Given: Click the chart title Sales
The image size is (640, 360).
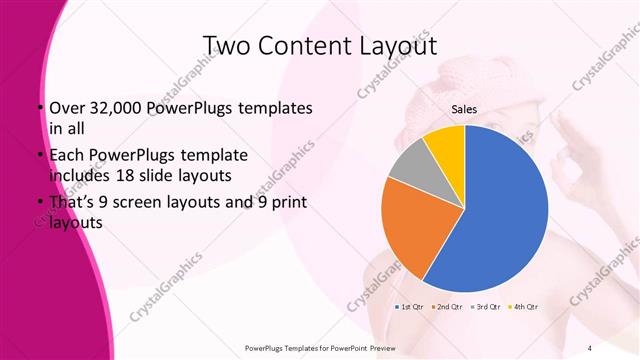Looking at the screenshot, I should coord(463,109).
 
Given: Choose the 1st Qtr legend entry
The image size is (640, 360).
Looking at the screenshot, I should coord(411,306).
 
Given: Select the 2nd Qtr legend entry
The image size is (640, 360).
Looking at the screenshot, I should coord(447,306).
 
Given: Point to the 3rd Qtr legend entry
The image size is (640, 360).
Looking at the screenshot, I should coord(485,306).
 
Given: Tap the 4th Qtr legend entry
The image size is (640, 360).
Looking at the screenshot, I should coord(523,306).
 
